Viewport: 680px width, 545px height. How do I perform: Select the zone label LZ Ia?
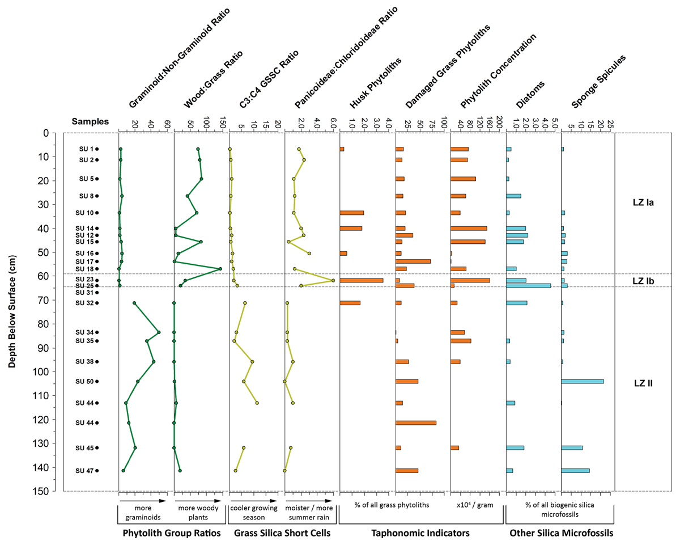[643, 202]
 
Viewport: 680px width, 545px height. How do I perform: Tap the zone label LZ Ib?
[643, 281]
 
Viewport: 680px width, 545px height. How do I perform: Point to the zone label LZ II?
[643, 383]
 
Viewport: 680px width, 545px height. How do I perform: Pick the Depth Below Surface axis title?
[12, 311]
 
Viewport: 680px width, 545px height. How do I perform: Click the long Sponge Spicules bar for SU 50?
[582, 381]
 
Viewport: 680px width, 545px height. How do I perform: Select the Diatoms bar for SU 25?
[528, 286]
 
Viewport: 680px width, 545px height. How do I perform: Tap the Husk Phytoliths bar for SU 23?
[362, 280]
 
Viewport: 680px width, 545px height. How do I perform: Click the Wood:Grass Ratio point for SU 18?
[220, 268]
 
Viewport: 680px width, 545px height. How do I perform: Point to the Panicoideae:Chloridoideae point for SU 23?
[333, 280]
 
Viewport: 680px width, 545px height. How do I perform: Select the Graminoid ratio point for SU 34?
[159, 332]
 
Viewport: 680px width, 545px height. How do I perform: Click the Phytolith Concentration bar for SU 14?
[469, 228]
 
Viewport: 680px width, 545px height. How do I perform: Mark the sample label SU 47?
[87, 471]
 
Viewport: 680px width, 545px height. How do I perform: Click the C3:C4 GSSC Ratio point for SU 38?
[252, 361]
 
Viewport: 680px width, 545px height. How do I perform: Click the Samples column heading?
[90, 121]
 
